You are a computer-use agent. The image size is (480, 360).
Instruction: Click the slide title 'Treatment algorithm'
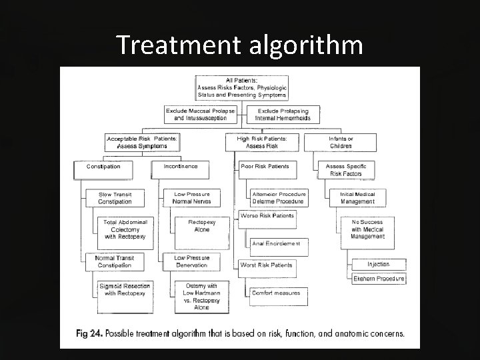pos(239,45)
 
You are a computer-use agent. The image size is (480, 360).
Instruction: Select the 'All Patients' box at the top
pos(241,88)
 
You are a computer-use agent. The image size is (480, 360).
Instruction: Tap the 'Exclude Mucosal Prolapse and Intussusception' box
pos(200,114)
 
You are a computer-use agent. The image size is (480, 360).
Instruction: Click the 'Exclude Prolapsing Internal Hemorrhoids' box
pos(283,114)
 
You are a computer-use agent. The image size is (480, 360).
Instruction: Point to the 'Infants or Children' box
pos(341,142)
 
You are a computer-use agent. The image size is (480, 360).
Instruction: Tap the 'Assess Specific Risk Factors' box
pos(345,170)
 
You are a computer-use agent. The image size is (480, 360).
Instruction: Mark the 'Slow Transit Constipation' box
pos(115,198)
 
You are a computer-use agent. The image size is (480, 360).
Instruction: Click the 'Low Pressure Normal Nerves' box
pos(191,198)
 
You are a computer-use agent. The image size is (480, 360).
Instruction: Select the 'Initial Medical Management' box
pos(358,198)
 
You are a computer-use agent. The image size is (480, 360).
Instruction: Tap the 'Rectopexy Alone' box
pos(201,226)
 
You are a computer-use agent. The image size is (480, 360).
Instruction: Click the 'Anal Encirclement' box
pos(276,243)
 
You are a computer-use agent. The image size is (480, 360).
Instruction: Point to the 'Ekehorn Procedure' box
pos(379,279)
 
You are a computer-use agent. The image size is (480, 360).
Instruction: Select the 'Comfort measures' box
pos(276,293)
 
